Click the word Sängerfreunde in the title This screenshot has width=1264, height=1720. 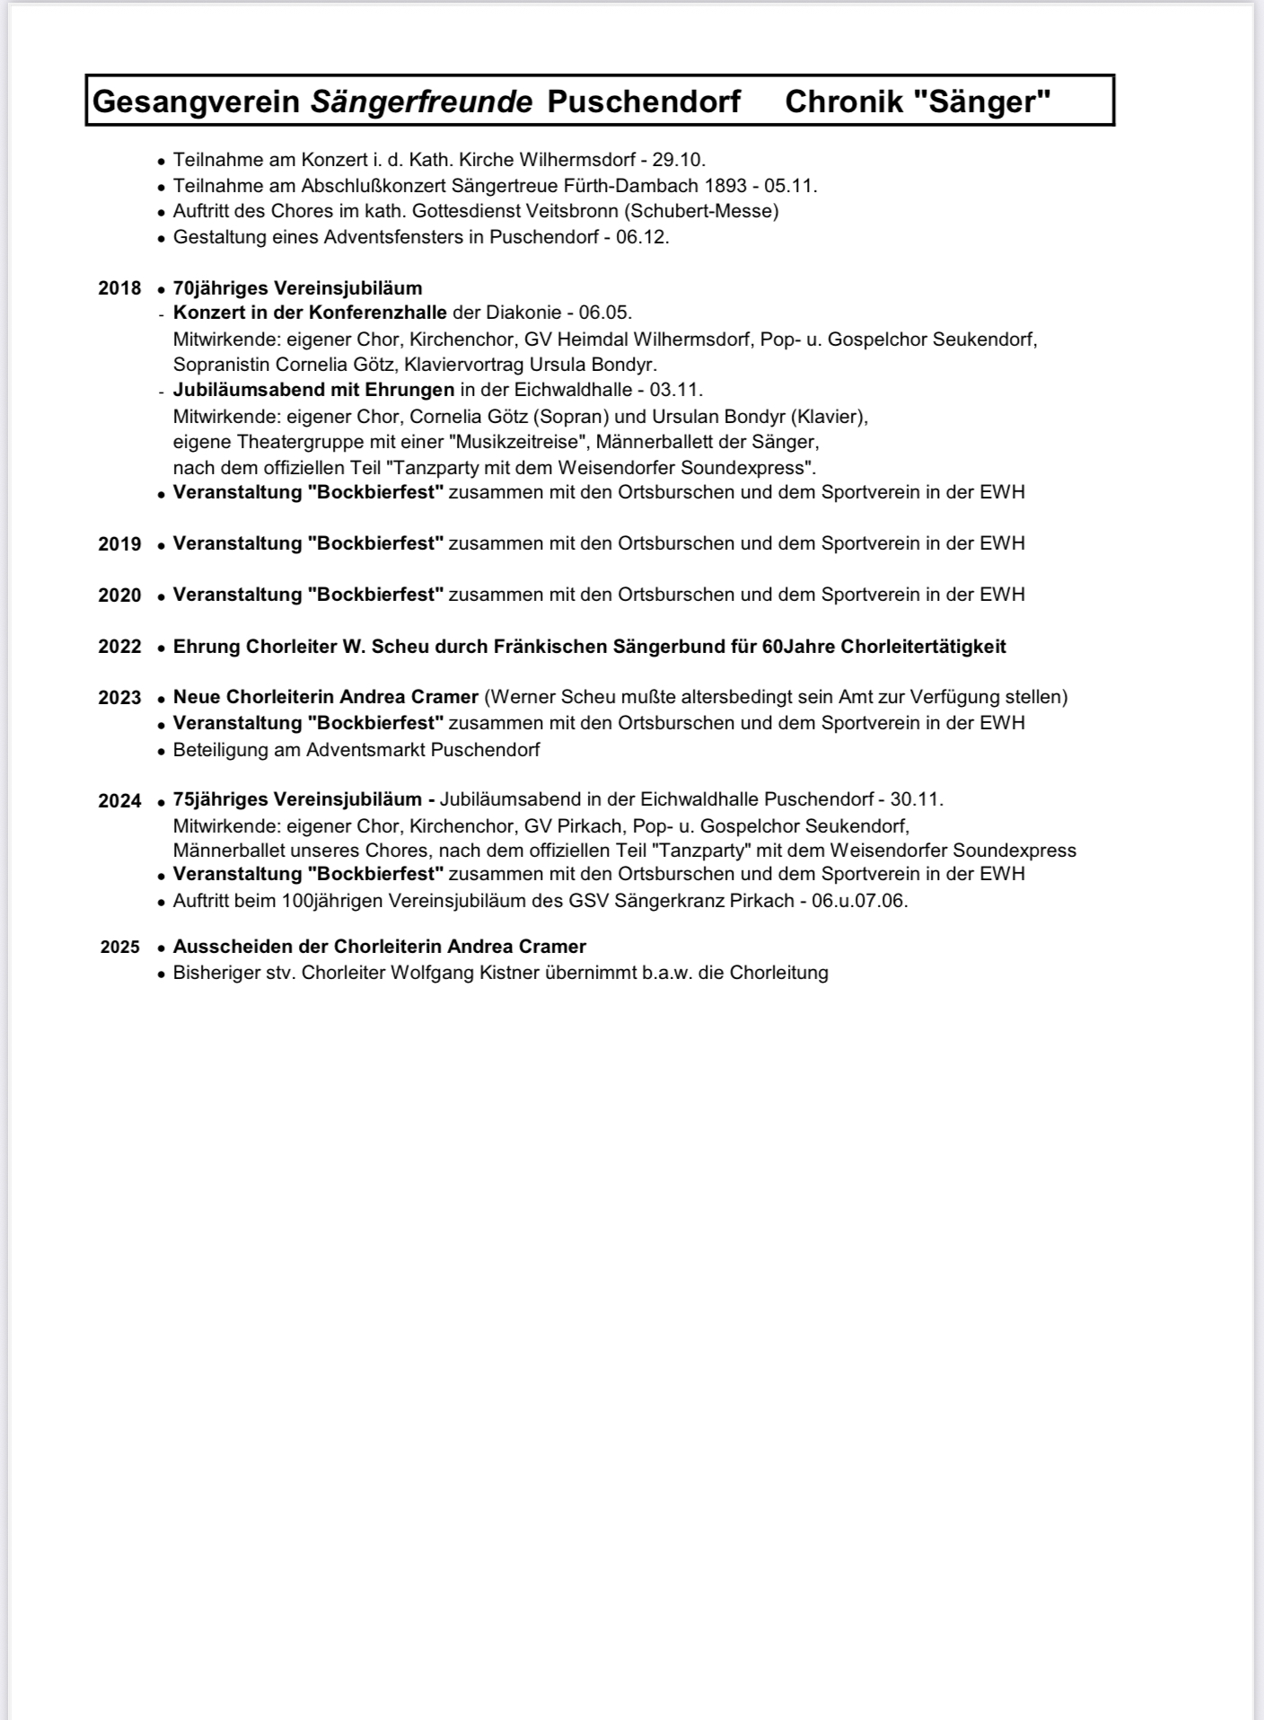click(421, 101)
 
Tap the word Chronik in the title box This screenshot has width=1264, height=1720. click(844, 101)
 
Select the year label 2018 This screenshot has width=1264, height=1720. click(119, 288)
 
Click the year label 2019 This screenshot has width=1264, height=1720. click(119, 544)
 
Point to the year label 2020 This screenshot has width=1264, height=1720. click(119, 595)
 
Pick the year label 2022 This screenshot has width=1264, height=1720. click(119, 647)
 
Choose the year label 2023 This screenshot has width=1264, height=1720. click(119, 698)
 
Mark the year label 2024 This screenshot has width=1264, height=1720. click(119, 801)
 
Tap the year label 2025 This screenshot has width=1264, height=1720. click(120, 948)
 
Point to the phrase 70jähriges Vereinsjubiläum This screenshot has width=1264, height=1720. click(297, 288)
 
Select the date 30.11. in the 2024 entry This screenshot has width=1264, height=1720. click(917, 799)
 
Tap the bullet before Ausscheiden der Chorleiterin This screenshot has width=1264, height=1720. click(161, 948)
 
